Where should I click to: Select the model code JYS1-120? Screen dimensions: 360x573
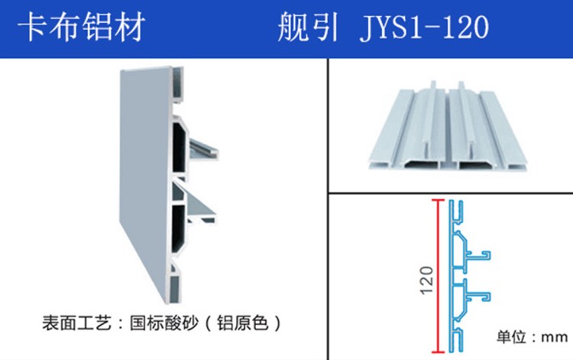422,28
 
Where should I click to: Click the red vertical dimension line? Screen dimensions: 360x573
438,274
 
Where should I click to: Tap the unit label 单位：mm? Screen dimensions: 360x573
528,336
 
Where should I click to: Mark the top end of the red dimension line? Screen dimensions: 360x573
438,200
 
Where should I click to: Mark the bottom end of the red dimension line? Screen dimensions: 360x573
438,349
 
